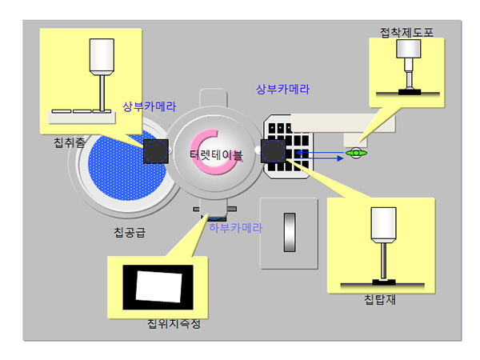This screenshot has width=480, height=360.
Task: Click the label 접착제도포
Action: point(406,32)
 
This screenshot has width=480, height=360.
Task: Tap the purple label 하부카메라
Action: point(235,227)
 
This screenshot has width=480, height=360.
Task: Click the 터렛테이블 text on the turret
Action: point(216,154)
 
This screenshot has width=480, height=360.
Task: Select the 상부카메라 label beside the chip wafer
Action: point(149,106)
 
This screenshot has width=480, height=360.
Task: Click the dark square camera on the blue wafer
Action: point(155,150)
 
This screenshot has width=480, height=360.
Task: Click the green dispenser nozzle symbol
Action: point(354,152)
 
